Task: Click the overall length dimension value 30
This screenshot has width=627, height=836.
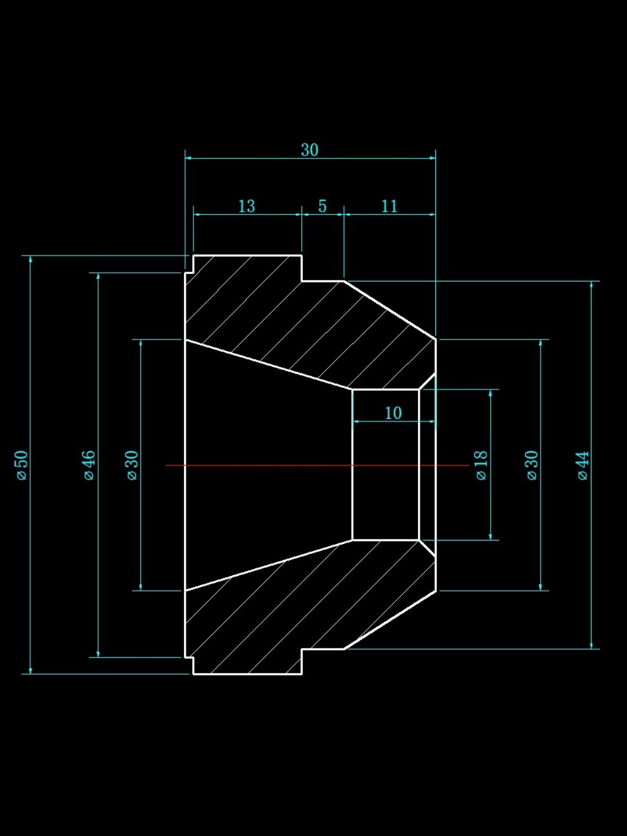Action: tap(309, 150)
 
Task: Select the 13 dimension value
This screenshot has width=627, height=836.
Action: tap(246, 206)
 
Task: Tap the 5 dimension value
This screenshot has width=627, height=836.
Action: tap(322, 206)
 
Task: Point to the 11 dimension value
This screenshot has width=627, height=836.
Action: tap(390, 206)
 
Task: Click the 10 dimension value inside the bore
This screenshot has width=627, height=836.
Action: tap(393, 413)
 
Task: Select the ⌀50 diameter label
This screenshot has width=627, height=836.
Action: tap(22, 465)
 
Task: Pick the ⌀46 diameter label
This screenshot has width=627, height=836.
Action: tap(88, 465)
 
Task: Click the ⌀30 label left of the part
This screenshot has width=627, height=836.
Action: tap(132, 465)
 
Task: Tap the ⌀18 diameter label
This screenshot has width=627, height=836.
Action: tap(481, 465)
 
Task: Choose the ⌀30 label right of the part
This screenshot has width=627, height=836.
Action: tap(532, 465)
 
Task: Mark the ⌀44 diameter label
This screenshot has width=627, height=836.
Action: tap(583, 465)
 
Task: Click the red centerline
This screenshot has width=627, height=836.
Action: tap(317, 465)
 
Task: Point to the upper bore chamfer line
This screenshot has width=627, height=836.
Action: tap(427, 381)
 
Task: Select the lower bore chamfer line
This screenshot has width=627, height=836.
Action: tap(427, 549)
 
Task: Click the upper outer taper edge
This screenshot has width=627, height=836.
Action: tap(390, 309)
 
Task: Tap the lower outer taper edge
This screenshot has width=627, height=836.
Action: tap(390, 620)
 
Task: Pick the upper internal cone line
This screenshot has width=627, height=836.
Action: tap(268, 364)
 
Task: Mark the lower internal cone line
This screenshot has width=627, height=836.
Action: tap(268, 565)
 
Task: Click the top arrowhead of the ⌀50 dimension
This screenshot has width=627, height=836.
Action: tap(30, 259)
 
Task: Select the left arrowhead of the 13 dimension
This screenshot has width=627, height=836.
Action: tap(197, 214)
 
